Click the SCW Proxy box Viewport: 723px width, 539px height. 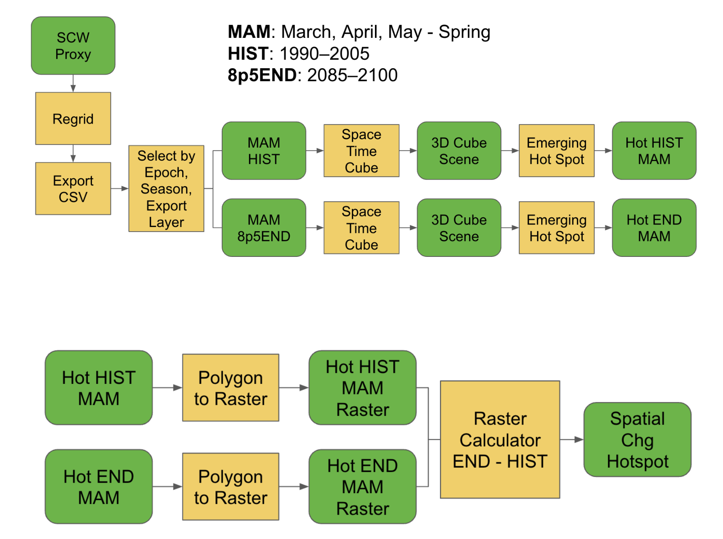click(73, 46)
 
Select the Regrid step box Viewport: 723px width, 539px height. click(73, 119)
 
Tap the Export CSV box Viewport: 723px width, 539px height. click(73, 188)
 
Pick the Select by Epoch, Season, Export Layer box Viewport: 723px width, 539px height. click(166, 188)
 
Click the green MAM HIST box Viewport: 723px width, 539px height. click(264, 151)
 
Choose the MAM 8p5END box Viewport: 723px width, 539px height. click(264, 227)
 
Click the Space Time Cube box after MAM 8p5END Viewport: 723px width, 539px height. click(361, 227)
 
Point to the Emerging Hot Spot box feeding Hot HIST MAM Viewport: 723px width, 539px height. click(556, 151)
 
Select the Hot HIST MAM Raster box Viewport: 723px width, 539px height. click(362, 388)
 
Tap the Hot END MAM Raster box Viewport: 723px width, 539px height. click(362, 486)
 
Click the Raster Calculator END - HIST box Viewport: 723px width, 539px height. click(500, 439)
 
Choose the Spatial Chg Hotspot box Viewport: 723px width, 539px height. click(637, 439)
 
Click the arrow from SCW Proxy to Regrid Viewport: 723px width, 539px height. click(73, 84)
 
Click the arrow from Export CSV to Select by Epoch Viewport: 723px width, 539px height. click(120, 188)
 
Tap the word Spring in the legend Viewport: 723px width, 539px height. click(464, 32)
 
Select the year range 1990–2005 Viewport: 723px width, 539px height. click(324, 54)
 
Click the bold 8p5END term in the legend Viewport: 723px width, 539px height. click(262, 75)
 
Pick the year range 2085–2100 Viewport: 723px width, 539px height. click(352, 75)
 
